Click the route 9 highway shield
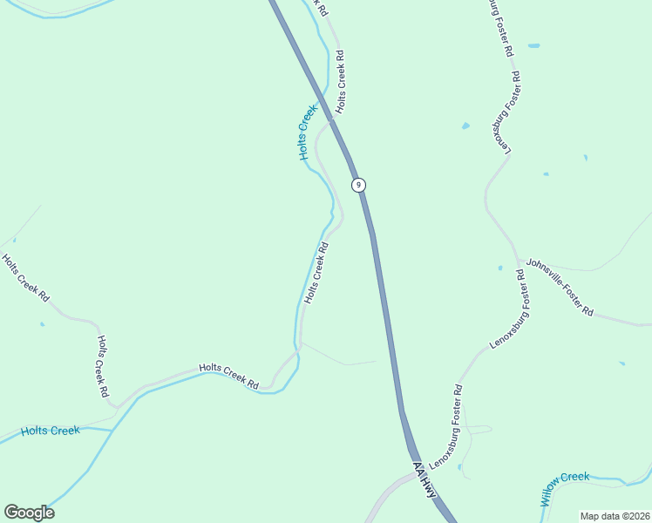point(358,185)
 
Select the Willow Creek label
point(564,486)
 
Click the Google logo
point(29,513)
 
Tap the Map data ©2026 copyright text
point(615,516)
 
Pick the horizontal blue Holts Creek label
point(51,431)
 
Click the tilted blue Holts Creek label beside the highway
point(304,132)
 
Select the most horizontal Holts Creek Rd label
point(229,377)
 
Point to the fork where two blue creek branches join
point(114,430)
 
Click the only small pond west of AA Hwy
point(42,324)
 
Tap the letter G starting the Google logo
point(11,513)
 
